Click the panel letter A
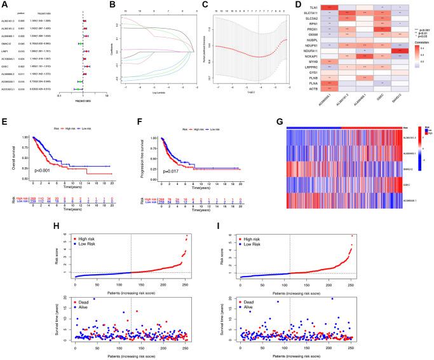[4, 4]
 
